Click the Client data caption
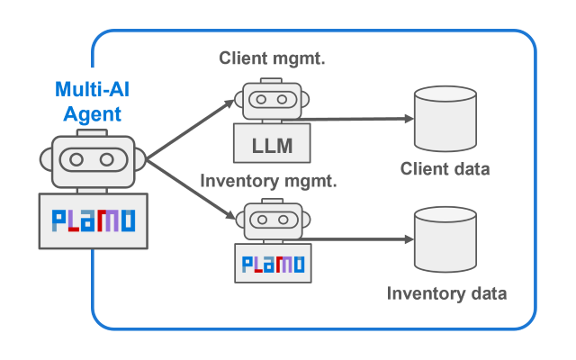click(x=445, y=169)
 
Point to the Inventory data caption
click(x=446, y=292)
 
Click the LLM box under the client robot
click(x=271, y=144)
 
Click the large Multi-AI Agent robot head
click(x=92, y=160)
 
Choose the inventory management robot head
click(x=271, y=220)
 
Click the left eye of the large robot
click(x=76, y=160)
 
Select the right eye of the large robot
click(x=107, y=160)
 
